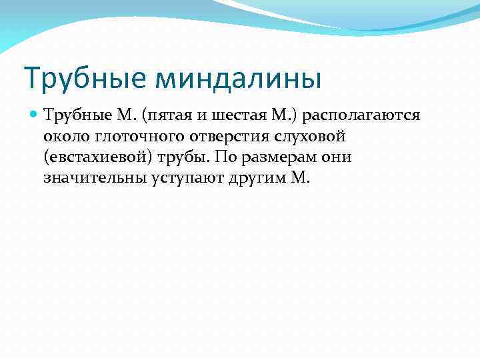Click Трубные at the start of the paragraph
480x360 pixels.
(72, 116)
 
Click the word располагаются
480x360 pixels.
(360, 117)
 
